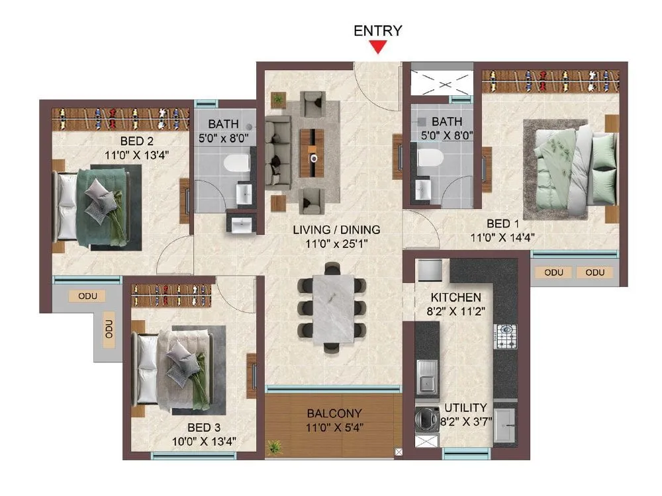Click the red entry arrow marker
[378, 47]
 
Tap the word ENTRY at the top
[378, 30]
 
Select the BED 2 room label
[137, 140]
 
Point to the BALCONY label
[334, 413]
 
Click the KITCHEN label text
[456, 297]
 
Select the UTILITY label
[465, 407]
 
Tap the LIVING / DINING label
[337, 230]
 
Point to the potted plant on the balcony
[273, 446]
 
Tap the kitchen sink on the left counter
[426, 376]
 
